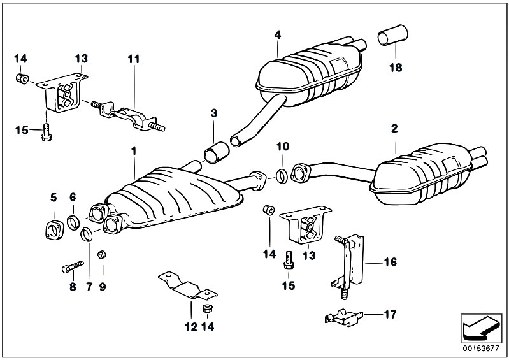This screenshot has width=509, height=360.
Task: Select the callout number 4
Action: [278, 34]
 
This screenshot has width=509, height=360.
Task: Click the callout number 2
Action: [395, 128]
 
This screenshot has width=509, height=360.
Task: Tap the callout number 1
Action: [134, 151]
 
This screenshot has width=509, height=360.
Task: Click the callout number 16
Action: [390, 261]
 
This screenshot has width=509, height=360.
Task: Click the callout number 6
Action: [73, 196]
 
